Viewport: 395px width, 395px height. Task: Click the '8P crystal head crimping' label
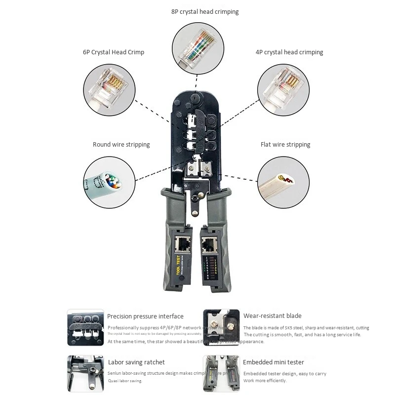pyautogui.click(x=205, y=12)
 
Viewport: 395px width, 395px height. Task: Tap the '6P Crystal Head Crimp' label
pyautogui.click(x=114, y=52)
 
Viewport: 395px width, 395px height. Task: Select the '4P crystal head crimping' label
pyautogui.click(x=289, y=52)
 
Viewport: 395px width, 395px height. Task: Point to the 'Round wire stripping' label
pyautogui.click(x=121, y=145)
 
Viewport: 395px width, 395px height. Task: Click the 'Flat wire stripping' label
pyautogui.click(x=285, y=145)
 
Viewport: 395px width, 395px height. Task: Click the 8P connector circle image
pyautogui.click(x=197, y=48)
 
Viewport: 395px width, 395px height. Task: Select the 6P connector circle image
pyautogui.click(x=108, y=89)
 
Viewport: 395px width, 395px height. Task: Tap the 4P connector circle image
pyautogui.click(x=283, y=89)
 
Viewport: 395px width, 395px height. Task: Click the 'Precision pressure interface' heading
pyautogui.click(x=145, y=316)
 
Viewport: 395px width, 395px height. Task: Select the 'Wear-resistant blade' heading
pyautogui.click(x=272, y=316)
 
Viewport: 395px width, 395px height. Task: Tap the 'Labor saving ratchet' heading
pyautogui.click(x=136, y=362)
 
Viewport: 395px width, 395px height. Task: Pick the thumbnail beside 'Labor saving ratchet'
pyautogui.click(x=85, y=373)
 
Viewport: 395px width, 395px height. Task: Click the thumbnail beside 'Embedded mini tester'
pyautogui.click(x=221, y=373)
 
